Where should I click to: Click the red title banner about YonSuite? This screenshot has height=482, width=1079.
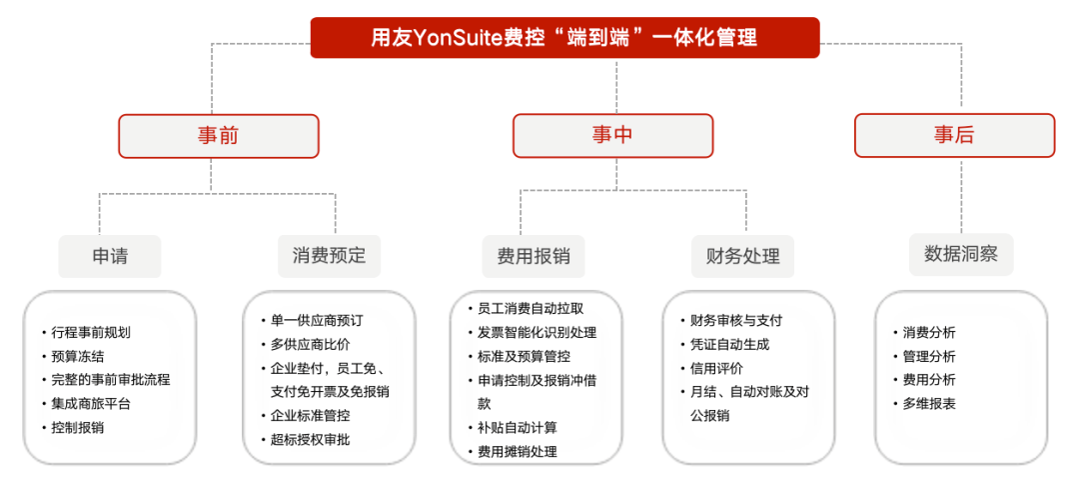click(564, 38)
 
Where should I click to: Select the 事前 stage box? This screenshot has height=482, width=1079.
click(219, 136)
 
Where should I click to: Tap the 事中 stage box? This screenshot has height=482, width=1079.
click(612, 136)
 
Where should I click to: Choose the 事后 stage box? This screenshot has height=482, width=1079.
click(954, 136)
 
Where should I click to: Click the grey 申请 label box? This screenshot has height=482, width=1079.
click(110, 256)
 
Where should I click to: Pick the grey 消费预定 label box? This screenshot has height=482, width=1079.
click(329, 256)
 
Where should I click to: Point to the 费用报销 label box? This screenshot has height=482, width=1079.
click(534, 256)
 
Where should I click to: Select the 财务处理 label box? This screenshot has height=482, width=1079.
click(743, 256)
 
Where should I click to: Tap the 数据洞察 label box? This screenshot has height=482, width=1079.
click(961, 255)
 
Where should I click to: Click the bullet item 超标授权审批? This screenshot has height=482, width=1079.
click(311, 439)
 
